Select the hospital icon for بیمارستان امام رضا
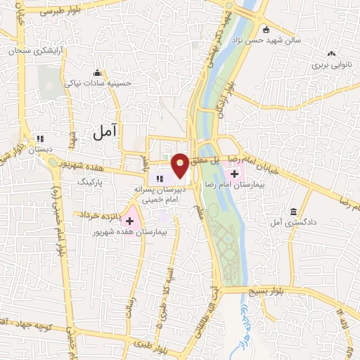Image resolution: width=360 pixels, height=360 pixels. coord(234,173)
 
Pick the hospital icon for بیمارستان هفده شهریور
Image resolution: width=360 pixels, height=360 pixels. coord(129,221)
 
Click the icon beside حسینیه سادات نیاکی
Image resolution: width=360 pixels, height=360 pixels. coord(96,73)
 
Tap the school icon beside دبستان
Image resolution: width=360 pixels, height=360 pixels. coord(40,139)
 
